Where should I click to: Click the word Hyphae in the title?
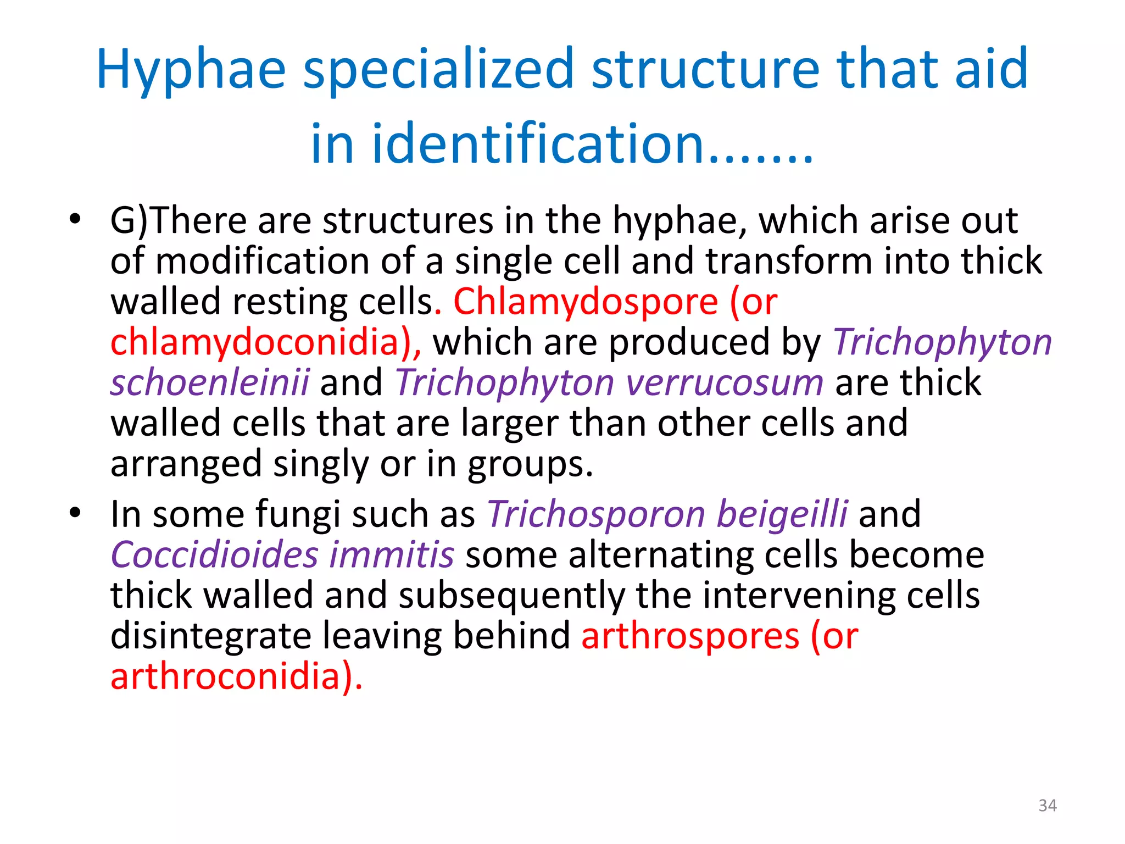click(191, 70)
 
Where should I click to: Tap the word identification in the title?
click(538, 144)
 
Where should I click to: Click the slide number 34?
click(1047, 806)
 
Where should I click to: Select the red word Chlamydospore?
click(586, 302)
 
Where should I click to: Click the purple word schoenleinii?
click(210, 382)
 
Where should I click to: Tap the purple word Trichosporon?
click(596, 514)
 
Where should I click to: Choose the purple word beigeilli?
click(782, 514)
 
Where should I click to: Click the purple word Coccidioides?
click(214, 555)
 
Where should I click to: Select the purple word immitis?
click(392, 555)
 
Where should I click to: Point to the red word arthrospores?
click(690, 636)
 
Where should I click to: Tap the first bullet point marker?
click(75, 220)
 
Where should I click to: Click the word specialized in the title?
click(438, 70)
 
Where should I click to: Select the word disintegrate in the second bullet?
click(211, 636)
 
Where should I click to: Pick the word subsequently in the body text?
click(511, 596)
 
